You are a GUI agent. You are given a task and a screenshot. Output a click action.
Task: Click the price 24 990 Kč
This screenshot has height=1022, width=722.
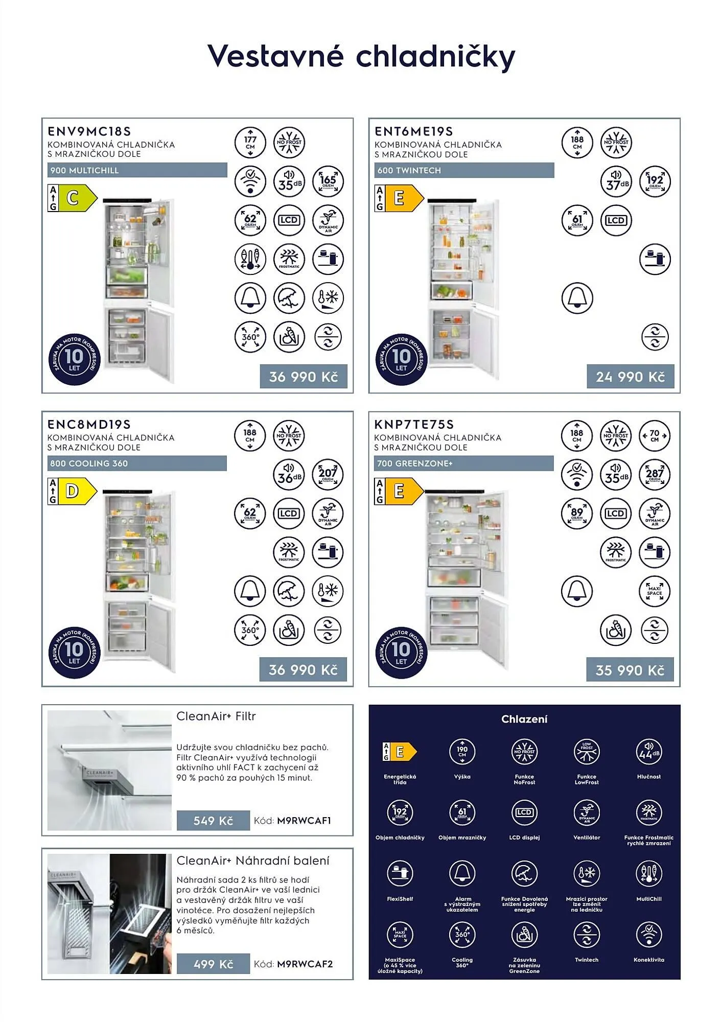click(x=630, y=377)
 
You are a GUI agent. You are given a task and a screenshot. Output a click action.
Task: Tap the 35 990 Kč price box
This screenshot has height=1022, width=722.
click(x=630, y=670)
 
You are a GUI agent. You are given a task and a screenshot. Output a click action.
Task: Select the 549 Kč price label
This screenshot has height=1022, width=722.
click(x=213, y=821)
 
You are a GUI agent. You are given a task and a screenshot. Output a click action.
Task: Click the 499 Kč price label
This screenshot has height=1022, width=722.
click(x=213, y=964)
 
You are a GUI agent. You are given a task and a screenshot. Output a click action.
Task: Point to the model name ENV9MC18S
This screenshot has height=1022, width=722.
click(x=89, y=131)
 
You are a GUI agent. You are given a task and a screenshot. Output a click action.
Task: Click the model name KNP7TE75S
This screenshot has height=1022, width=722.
click(x=414, y=425)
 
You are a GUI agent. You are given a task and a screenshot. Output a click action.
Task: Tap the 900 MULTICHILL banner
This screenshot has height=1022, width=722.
click(x=137, y=170)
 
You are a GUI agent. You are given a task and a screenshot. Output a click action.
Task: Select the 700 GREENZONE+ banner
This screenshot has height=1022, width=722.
click(x=463, y=463)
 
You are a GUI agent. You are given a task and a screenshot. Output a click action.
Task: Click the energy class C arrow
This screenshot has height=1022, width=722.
click(x=77, y=198)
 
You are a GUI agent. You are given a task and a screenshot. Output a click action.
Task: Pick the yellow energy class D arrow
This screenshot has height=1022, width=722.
click(x=77, y=491)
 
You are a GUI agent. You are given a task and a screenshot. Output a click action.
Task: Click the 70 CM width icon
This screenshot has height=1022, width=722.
click(x=655, y=436)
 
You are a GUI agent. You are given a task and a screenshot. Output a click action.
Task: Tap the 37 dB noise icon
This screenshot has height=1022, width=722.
click(x=616, y=181)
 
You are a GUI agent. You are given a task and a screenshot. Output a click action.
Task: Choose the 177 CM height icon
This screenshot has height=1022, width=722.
click(x=250, y=143)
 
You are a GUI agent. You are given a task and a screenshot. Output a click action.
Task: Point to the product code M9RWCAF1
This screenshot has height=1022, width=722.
click(x=304, y=821)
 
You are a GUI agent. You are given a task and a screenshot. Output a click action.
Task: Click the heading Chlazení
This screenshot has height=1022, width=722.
click(x=524, y=719)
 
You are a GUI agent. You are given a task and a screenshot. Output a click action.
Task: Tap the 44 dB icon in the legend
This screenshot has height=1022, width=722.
click(x=648, y=752)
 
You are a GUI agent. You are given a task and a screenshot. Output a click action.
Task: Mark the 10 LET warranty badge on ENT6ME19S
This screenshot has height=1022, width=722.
click(x=401, y=359)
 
